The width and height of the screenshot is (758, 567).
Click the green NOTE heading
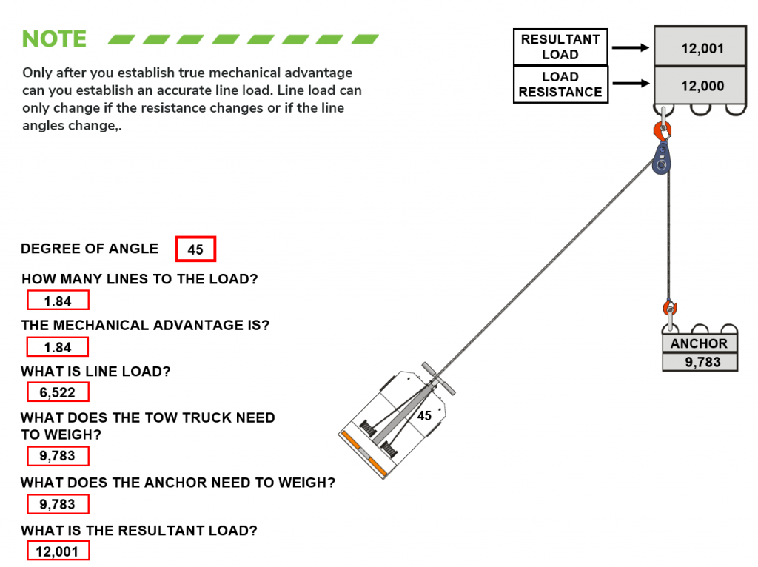tap(54, 39)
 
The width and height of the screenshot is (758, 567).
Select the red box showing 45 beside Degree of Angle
tap(195, 249)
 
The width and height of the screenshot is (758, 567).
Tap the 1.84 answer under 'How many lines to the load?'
tap(58, 301)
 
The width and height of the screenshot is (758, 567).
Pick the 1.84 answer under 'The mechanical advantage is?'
tap(58, 347)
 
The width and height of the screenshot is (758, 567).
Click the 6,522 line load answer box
tap(58, 392)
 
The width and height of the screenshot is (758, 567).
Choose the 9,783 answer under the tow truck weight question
tap(58, 456)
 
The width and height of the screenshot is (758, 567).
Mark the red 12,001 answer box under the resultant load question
tap(58, 551)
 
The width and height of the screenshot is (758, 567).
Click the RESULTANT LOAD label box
tap(560, 47)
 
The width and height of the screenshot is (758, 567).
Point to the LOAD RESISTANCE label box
tap(560, 84)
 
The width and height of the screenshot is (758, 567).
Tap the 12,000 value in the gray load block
tap(702, 86)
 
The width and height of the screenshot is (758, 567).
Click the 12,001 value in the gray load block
tap(702, 49)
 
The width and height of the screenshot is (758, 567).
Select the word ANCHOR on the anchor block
tap(699, 343)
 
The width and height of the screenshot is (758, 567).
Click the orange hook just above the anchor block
tap(671, 308)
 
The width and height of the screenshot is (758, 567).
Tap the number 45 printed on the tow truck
tap(424, 416)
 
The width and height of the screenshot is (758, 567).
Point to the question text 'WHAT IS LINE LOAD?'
tap(95, 372)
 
